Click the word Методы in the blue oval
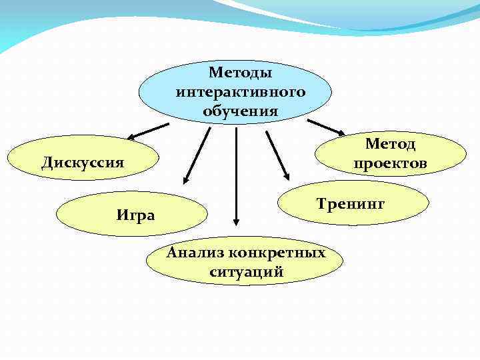click(x=241, y=72)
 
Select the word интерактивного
click(x=241, y=91)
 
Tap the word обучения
click(x=241, y=111)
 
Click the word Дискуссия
click(x=83, y=163)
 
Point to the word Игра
click(x=135, y=215)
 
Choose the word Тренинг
click(x=350, y=203)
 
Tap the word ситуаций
click(x=246, y=272)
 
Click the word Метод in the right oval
click(x=390, y=144)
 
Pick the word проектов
click(x=390, y=163)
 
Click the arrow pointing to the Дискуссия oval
click(x=148, y=131)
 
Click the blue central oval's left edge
click(x=140, y=92)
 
